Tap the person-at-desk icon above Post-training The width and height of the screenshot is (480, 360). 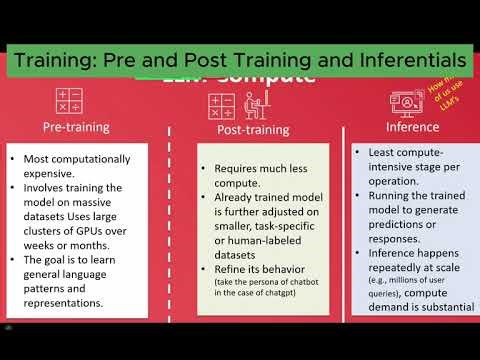coord(226,105)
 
